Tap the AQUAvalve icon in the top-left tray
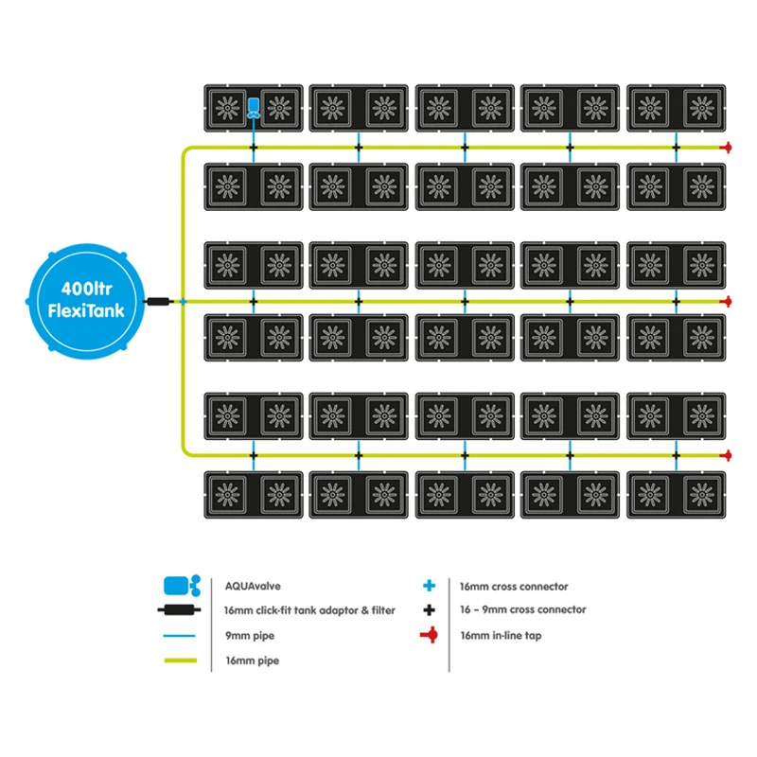point(254,108)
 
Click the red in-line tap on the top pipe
point(727,148)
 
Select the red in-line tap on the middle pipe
point(727,301)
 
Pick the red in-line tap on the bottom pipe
point(727,455)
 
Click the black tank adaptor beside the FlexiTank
point(161,301)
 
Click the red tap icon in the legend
point(431,636)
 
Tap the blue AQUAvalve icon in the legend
point(181,585)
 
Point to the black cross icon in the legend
point(430,610)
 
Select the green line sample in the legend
point(180,661)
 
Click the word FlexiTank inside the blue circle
point(86,309)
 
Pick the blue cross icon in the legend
point(430,586)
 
